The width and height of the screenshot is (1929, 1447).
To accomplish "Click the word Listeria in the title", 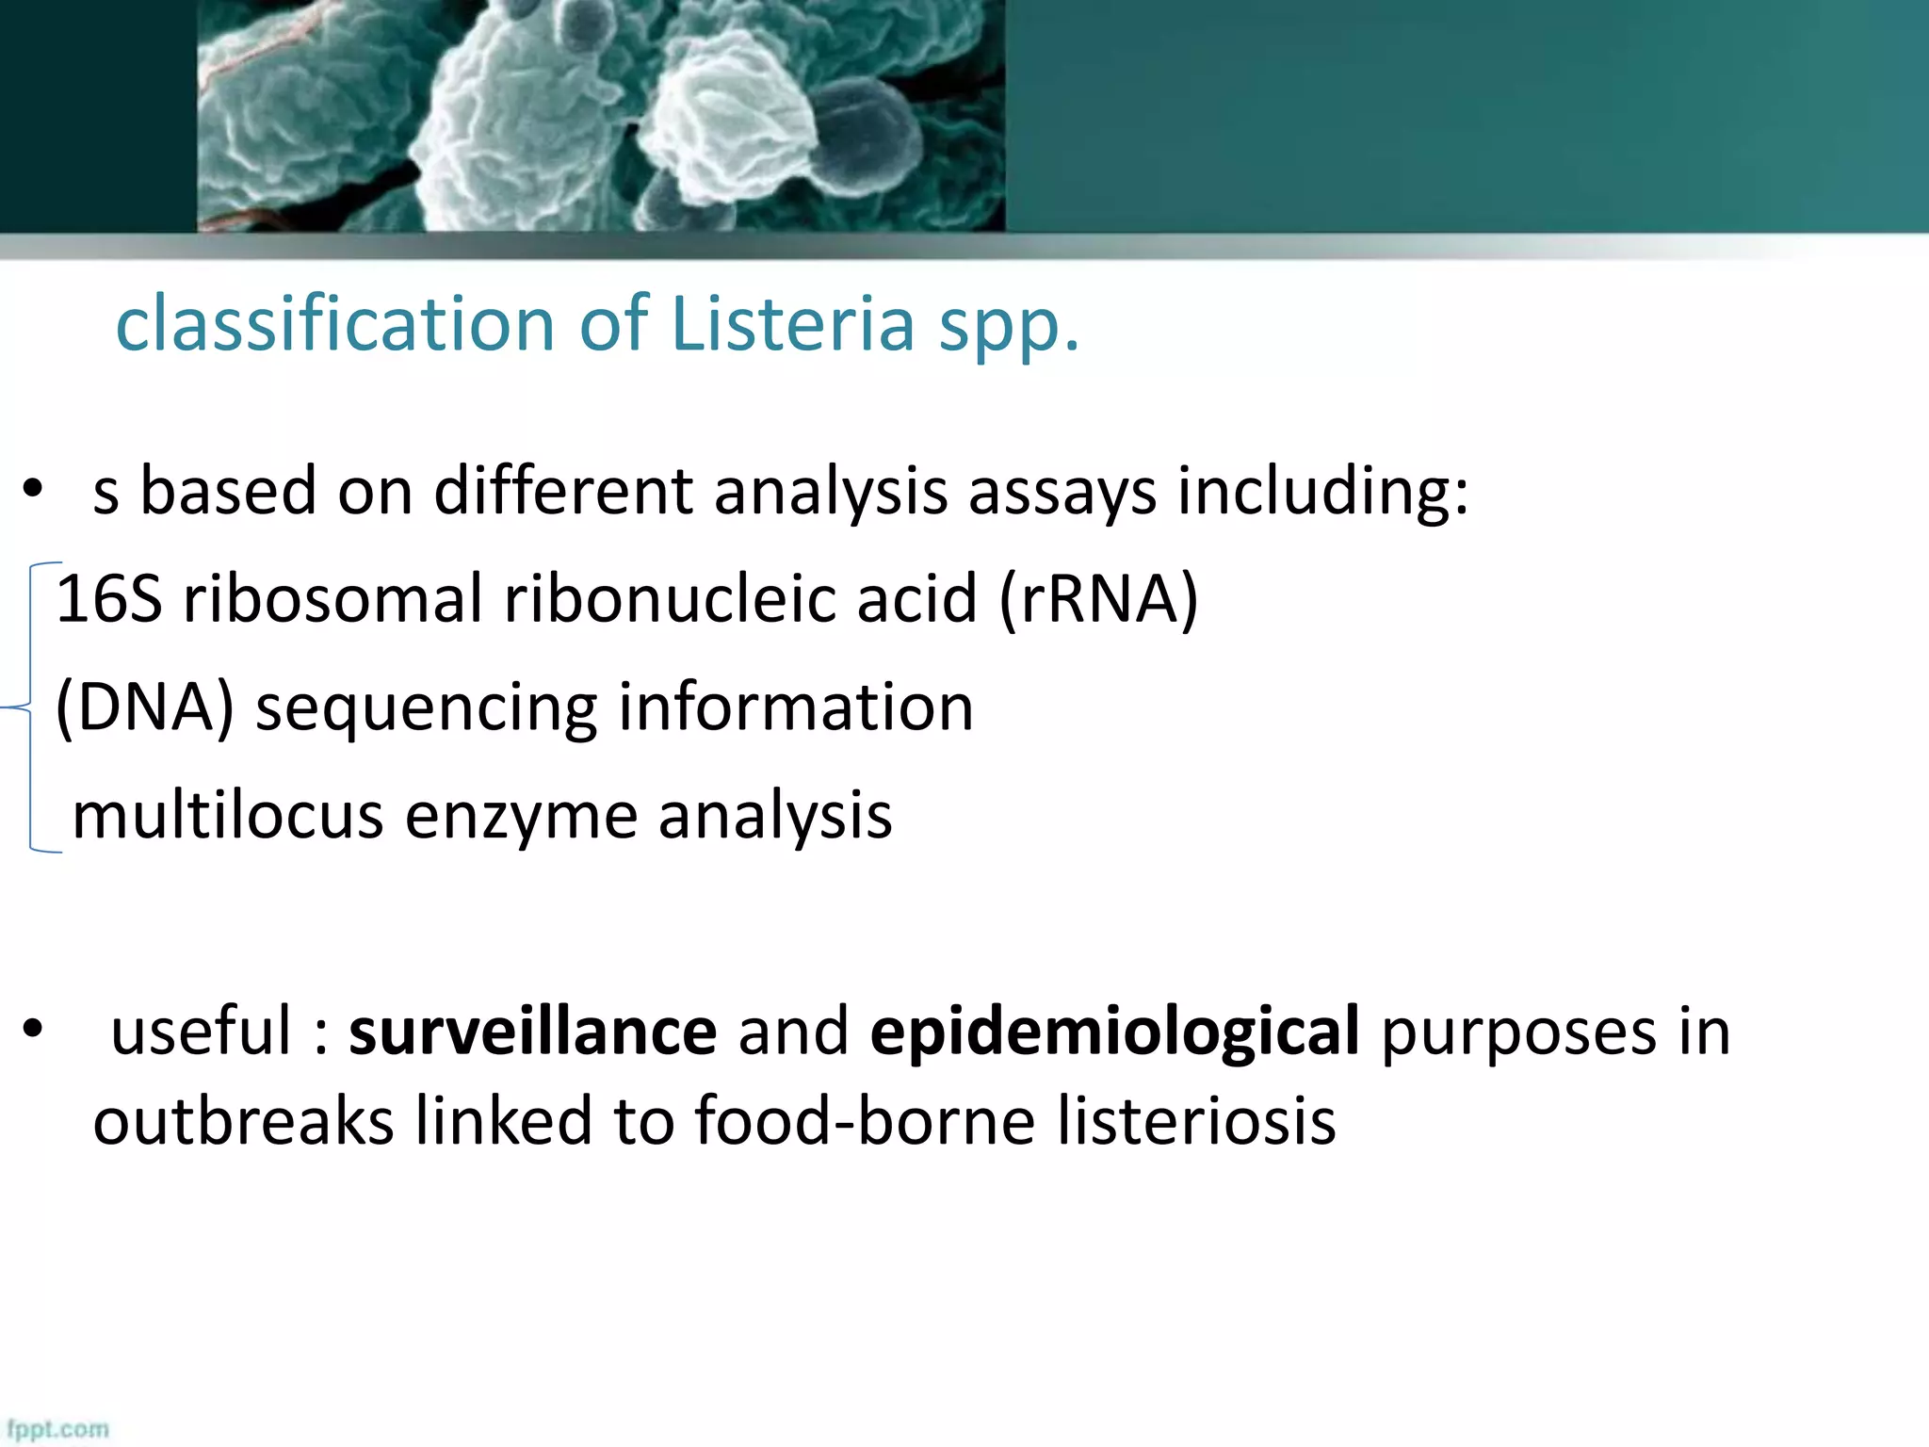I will click(x=792, y=323).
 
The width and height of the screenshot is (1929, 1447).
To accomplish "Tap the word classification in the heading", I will click(x=335, y=323).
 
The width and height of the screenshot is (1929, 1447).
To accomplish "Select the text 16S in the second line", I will click(x=108, y=598).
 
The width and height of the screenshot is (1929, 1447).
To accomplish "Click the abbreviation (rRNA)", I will click(x=1098, y=598).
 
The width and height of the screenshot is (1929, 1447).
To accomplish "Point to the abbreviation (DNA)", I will click(x=144, y=707).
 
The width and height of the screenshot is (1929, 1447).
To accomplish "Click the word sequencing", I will click(x=426, y=708).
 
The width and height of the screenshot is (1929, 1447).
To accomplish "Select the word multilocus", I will click(x=227, y=815).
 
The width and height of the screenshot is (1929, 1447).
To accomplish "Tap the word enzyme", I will click(x=521, y=817).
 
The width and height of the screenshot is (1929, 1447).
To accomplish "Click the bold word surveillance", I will click(x=532, y=1031).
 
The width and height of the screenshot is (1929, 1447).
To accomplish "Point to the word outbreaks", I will click(x=243, y=1121).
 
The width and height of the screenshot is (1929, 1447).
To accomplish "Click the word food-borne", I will click(x=865, y=1121).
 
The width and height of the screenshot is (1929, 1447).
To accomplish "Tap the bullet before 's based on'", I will click(x=34, y=490).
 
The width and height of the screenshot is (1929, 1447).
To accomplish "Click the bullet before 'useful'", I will click(x=34, y=1030).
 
